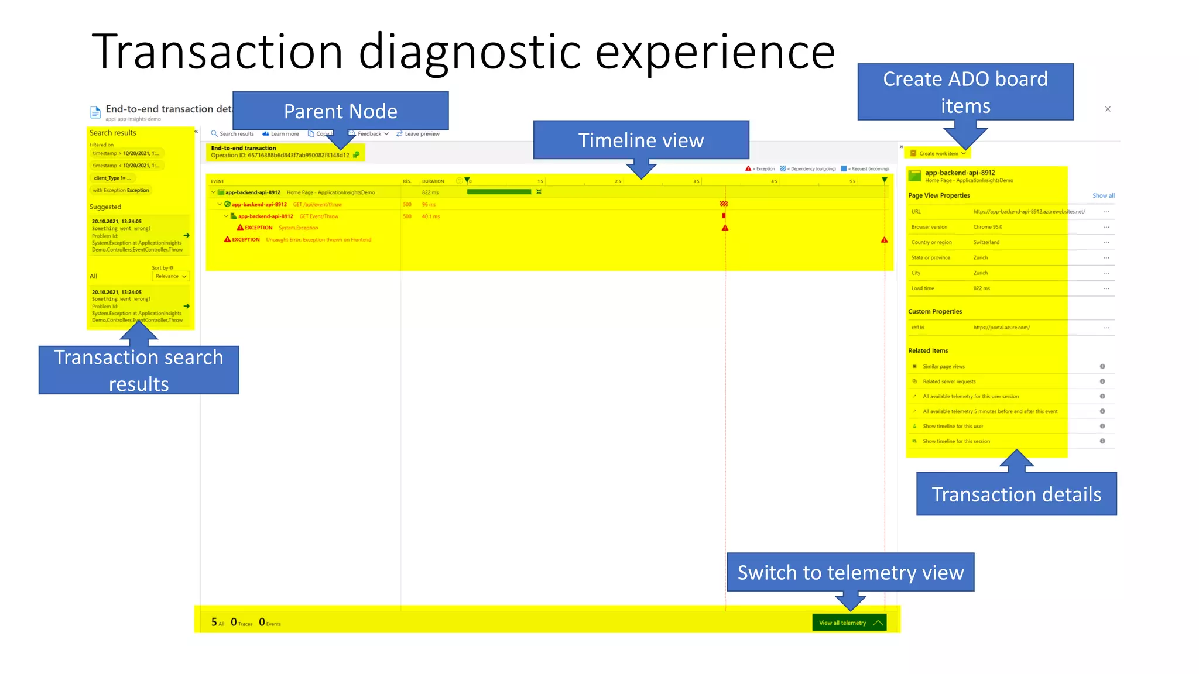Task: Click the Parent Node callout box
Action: coord(340,111)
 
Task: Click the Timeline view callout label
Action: coord(640,140)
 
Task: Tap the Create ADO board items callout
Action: coord(965,92)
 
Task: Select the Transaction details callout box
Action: coord(1016,494)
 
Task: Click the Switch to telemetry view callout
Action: coord(850,572)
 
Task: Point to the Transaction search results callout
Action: coord(139,370)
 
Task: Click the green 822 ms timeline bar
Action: coord(499,192)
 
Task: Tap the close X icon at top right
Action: coord(1108,109)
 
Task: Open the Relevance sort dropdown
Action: coord(170,276)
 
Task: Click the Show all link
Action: coord(1103,196)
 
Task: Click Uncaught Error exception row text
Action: coord(318,240)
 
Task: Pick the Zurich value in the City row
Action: coord(981,273)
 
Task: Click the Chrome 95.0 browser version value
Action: coord(988,227)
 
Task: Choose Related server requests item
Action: coord(949,381)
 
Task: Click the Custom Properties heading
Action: coord(935,312)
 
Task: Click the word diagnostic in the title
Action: coord(469,53)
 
